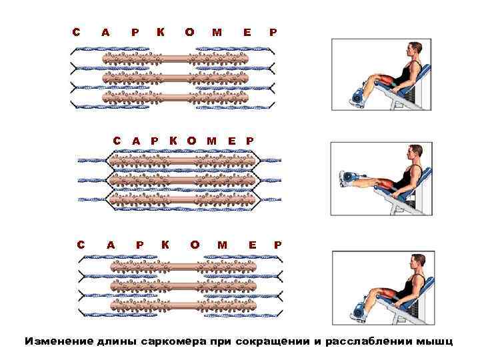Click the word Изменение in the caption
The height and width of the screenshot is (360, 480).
(55, 341)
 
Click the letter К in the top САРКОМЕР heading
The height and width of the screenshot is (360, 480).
(160, 31)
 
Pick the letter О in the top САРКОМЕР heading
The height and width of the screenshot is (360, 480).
(189, 31)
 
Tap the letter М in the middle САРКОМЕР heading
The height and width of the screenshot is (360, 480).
(212, 141)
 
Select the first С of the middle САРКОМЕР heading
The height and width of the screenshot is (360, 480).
(117, 141)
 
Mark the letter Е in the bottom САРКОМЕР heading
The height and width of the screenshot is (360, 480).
(252, 245)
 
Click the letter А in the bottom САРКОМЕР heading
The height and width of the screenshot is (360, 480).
(111, 245)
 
